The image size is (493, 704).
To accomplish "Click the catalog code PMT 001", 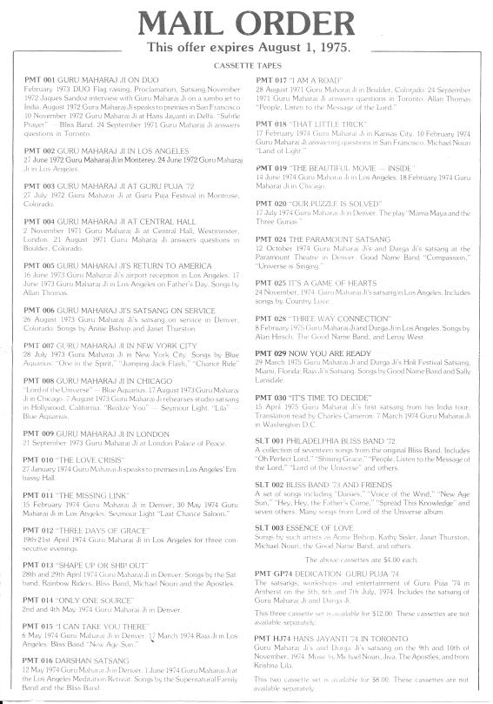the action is tap(41, 79).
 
